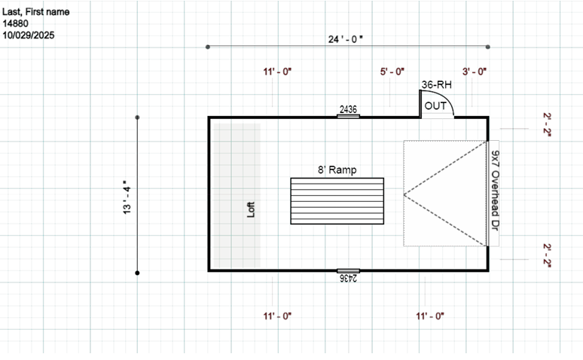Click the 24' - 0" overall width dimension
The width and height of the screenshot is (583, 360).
pos(346,38)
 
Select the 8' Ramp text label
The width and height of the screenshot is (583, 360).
pos(336,170)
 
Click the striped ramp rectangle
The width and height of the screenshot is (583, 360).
pos(337,201)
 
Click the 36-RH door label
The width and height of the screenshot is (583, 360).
pos(437,85)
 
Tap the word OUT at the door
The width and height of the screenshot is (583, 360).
pos(435,106)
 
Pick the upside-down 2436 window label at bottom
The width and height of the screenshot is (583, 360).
pos(348,278)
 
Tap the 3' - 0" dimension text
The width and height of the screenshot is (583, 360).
pos(475,72)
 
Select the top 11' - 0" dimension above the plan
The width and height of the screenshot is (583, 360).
pos(277,72)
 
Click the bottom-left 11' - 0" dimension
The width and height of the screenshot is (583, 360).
pos(277,316)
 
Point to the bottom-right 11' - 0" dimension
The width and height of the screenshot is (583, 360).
pos(429,316)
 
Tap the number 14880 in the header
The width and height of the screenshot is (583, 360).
pos(16,23)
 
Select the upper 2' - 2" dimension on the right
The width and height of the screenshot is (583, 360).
pos(548,123)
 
